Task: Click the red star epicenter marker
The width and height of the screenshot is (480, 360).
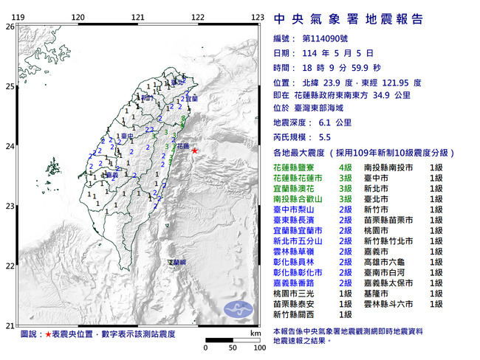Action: coord(195,150)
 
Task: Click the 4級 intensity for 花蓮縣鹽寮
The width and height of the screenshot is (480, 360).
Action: coord(345,168)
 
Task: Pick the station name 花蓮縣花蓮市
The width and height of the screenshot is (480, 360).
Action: coord(297,179)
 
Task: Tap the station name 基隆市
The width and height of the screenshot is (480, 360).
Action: coord(377,292)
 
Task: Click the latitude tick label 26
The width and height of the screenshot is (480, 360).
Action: coord(10,27)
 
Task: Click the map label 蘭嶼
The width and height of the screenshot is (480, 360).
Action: coord(177,262)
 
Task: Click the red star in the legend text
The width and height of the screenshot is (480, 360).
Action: coord(48,335)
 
